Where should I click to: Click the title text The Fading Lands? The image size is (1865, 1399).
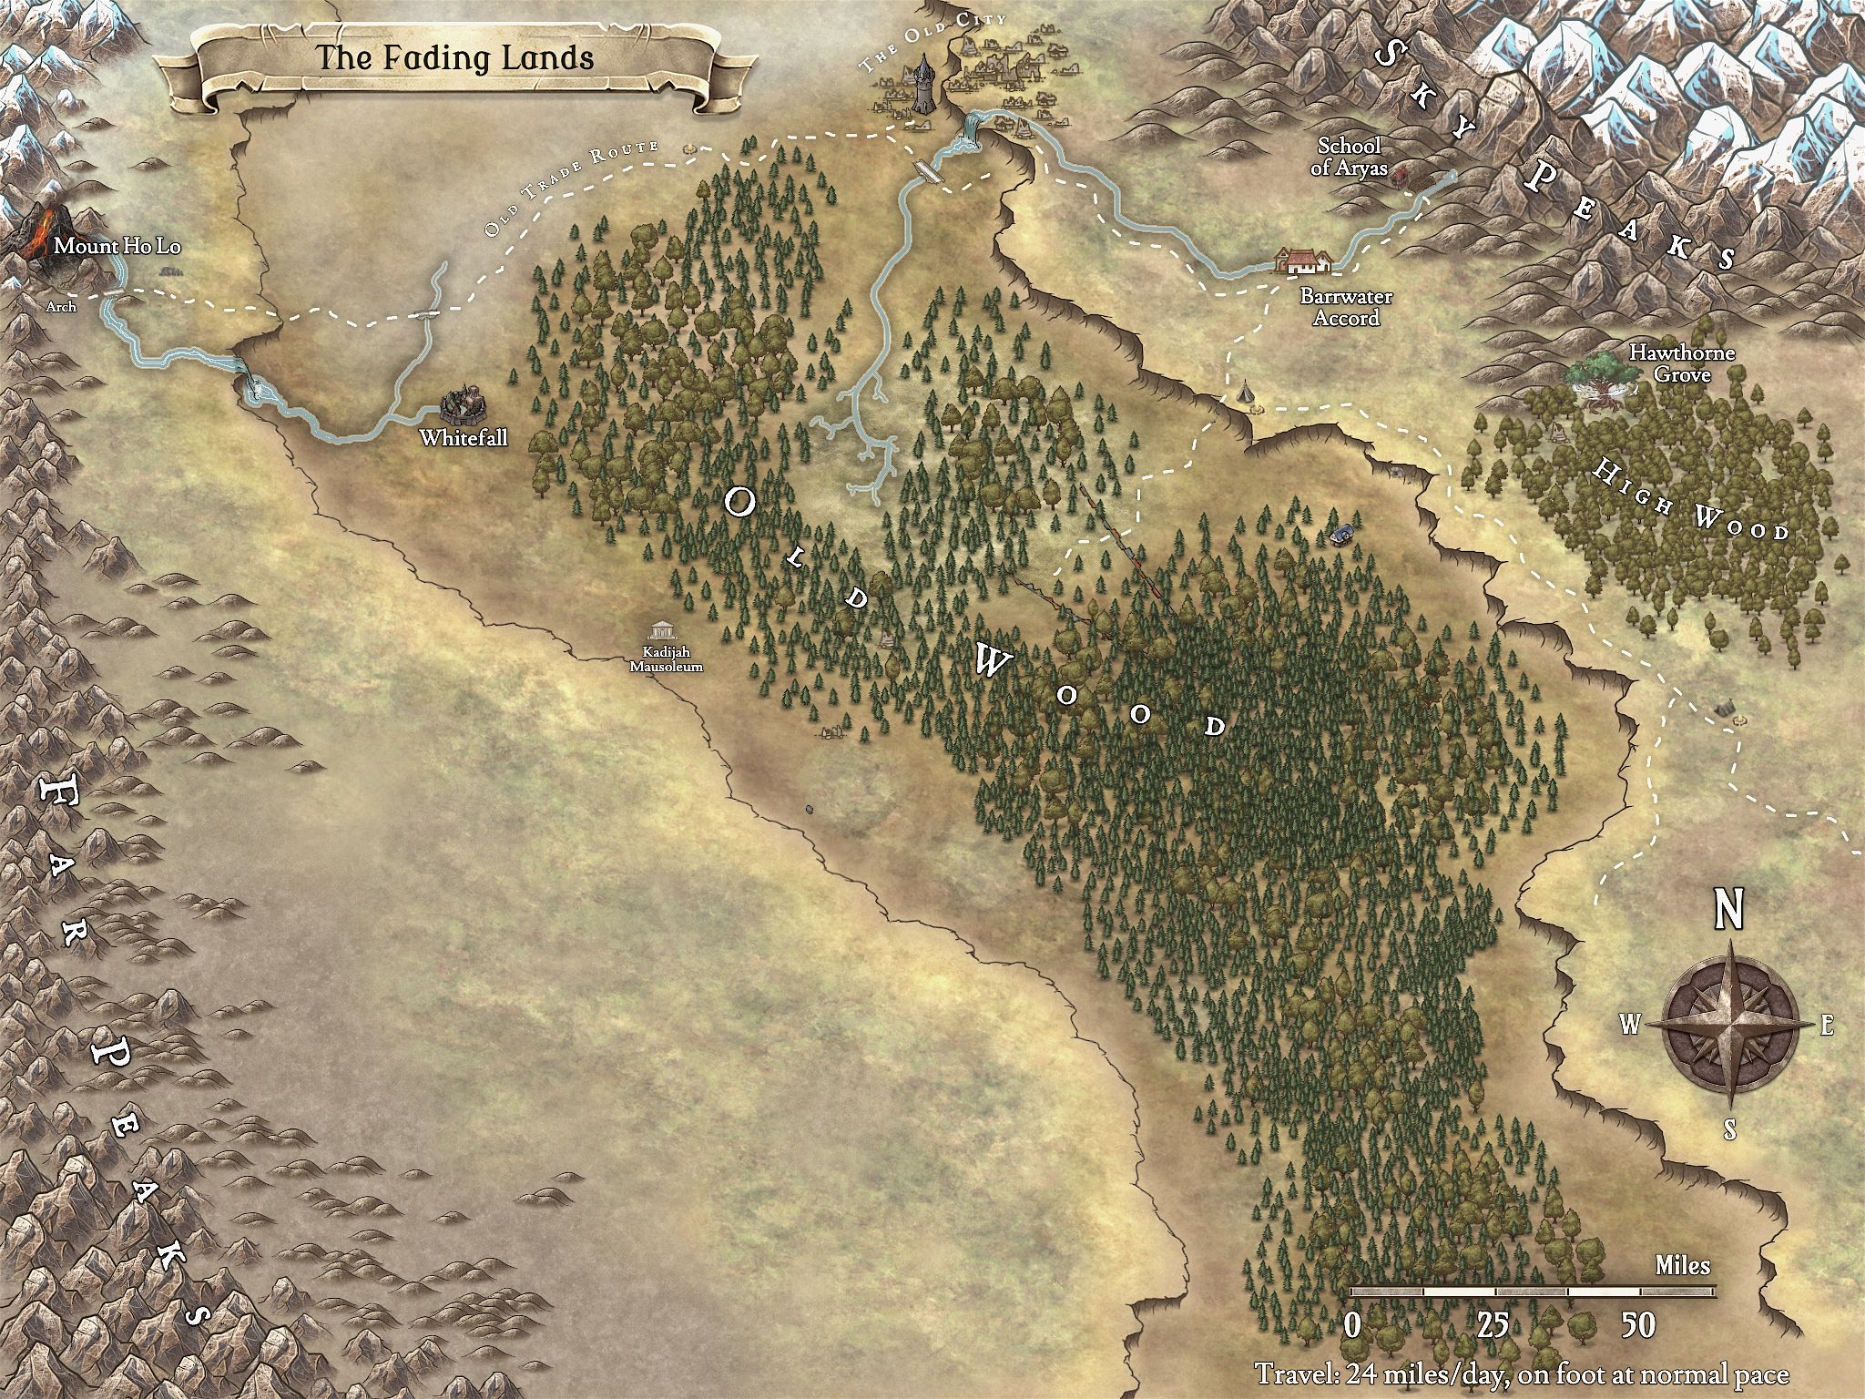point(454,58)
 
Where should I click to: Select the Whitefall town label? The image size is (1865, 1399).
point(463,438)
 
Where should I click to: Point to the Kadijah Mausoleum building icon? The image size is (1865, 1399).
point(661,631)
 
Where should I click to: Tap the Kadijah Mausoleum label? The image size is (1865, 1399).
point(673,659)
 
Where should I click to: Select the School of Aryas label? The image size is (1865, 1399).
point(1350,156)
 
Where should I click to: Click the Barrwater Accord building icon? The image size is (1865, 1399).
point(1304,260)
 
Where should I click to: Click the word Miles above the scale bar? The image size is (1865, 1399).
point(1682,1266)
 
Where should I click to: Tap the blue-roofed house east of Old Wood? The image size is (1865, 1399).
point(1341,534)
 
